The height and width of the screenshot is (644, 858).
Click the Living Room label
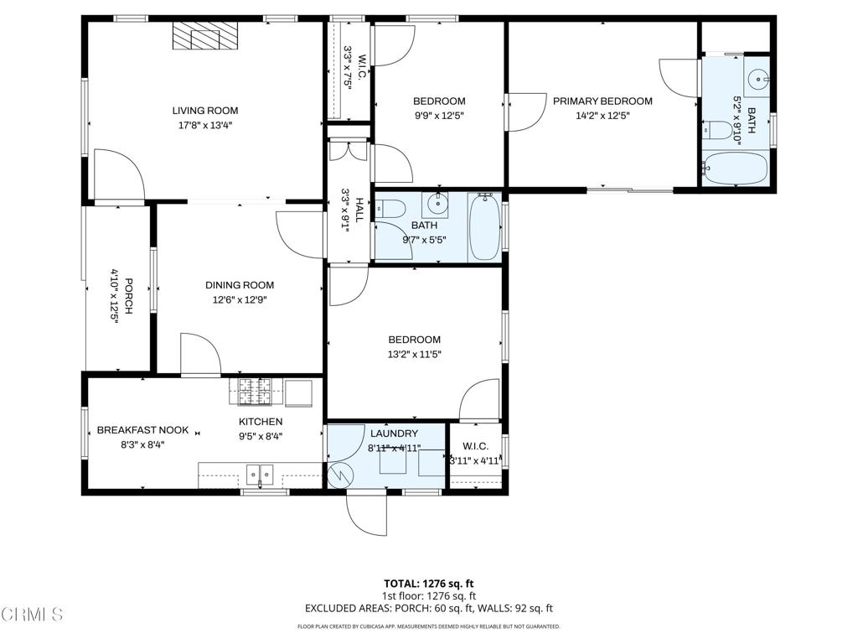coord(204,111)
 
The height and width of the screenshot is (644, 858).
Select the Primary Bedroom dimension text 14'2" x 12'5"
coord(602,116)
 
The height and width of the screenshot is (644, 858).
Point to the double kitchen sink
coord(261,475)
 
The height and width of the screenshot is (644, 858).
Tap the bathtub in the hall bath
coord(484,226)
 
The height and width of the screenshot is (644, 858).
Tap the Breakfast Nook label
coord(142,430)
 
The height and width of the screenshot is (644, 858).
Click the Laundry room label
coord(394,434)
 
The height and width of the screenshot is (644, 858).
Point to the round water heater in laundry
coord(341,475)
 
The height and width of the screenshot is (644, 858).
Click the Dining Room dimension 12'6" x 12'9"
coord(239,299)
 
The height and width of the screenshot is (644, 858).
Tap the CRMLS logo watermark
coord(32,615)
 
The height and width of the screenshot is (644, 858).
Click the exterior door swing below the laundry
coord(366,513)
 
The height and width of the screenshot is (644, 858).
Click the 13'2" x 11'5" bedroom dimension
coord(414,354)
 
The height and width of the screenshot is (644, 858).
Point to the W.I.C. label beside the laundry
coord(475,446)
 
